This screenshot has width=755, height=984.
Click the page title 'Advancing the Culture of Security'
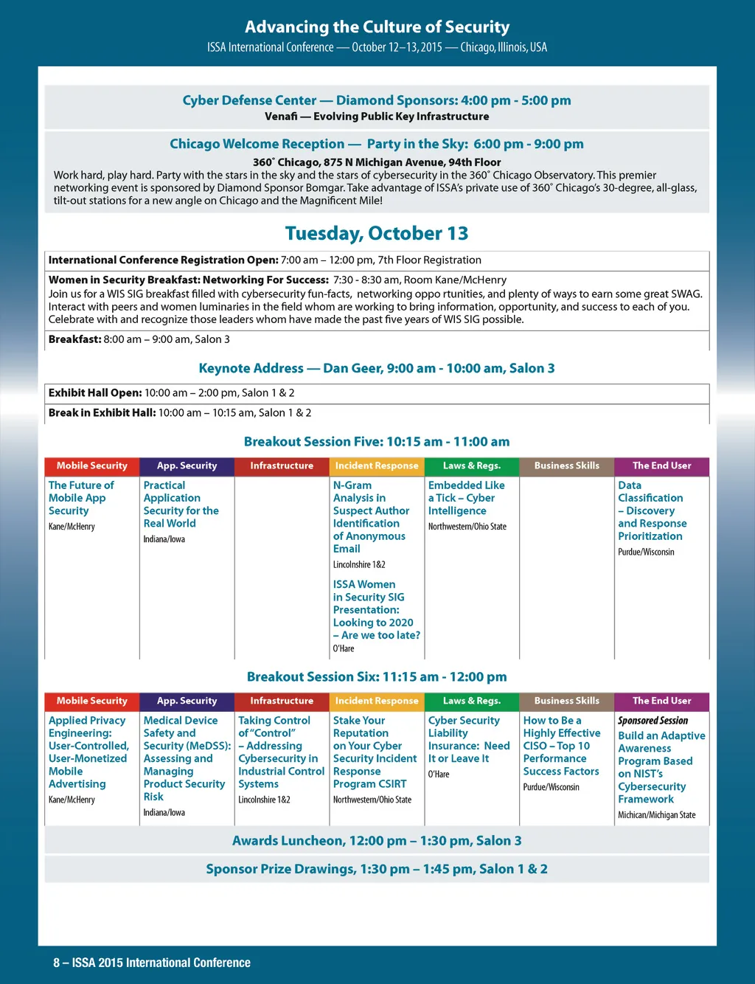(x=377, y=27)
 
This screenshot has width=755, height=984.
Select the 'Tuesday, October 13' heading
(x=377, y=234)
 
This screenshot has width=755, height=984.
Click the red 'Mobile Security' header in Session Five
(x=92, y=466)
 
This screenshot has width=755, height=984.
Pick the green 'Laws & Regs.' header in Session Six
(x=471, y=701)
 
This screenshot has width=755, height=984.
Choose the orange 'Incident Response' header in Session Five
(x=377, y=466)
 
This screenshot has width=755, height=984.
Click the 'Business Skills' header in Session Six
(x=566, y=701)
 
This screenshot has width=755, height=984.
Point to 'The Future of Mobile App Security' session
(x=81, y=498)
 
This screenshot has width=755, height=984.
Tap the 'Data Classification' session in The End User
(x=652, y=510)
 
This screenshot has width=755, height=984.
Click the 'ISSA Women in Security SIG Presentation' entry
(x=376, y=609)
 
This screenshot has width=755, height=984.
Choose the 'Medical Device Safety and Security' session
(x=184, y=758)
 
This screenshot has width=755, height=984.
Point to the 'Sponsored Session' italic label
(x=653, y=721)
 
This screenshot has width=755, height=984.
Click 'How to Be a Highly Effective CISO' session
(x=561, y=746)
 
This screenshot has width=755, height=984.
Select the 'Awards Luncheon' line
(x=377, y=841)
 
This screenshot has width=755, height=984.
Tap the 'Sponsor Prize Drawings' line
(x=377, y=869)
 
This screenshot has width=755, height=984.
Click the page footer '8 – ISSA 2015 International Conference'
(x=152, y=963)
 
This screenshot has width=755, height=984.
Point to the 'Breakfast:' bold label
(x=74, y=339)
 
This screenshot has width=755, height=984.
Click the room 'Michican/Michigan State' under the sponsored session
(x=656, y=815)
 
